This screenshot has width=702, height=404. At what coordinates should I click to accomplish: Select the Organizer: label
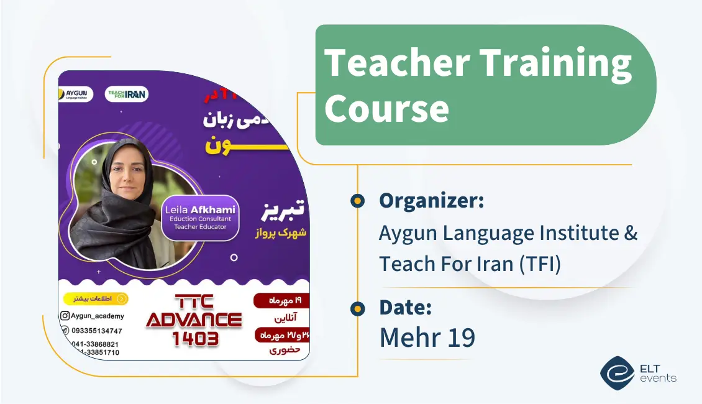(x=431, y=201)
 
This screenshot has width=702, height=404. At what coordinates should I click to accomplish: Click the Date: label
(x=405, y=307)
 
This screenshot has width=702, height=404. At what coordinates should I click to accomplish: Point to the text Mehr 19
(x=427, y=337)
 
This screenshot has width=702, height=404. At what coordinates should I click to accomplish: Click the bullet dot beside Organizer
(x=357, y=201)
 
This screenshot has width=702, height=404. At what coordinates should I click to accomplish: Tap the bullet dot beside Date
(x=357, y=308)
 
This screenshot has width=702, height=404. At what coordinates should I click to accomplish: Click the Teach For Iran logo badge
(x=127, y=94)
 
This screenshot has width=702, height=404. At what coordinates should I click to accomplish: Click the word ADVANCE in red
(x=193, y=320)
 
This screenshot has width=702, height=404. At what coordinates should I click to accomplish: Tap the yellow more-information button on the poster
(x=96, y=299)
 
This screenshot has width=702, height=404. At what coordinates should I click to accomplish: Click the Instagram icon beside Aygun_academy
(x=65, y=316)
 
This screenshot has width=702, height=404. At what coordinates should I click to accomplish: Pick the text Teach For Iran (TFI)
(x=470, y=264)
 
